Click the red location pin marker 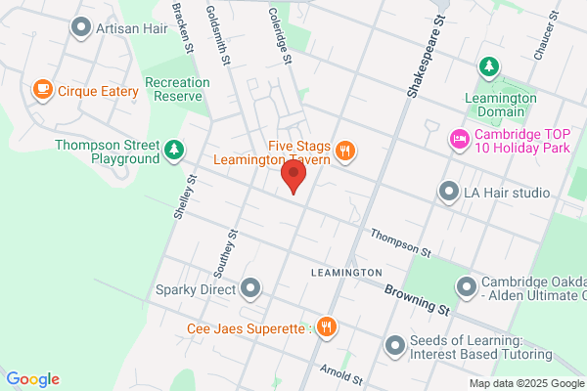point(293,177)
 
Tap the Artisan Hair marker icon point(81,28)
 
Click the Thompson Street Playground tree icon point(173,149)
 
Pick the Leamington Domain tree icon point(487,66)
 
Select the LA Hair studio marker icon point(449,192)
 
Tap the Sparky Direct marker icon point(251,288)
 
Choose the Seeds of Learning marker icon point(395,344)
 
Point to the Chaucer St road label point(546,33)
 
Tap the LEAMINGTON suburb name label point(346,271)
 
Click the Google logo point(32,379)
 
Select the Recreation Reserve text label point(173,89)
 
